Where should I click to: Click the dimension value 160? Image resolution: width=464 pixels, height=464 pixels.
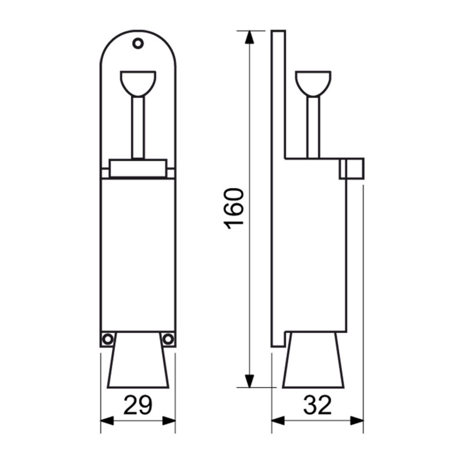click(x=234, y=209)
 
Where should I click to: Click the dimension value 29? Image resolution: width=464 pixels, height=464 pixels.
click(x=138, y=405)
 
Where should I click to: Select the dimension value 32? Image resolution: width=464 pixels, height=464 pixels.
click(x=317, y=405)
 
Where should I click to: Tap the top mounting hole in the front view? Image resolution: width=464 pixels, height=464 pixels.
click(x=138, y=43)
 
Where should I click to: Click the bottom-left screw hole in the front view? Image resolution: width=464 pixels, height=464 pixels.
click(x=107, y=339)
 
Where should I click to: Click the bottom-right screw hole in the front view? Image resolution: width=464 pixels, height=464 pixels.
click(x=168, y=339)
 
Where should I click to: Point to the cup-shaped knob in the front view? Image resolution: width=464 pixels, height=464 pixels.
click(x=138, y=84)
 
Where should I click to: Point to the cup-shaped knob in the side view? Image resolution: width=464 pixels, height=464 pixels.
click(x=313, y=84)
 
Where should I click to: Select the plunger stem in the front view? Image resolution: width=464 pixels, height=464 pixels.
click(x=138, y=128)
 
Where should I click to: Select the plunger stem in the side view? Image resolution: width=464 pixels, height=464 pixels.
click(x=313, y=128)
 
